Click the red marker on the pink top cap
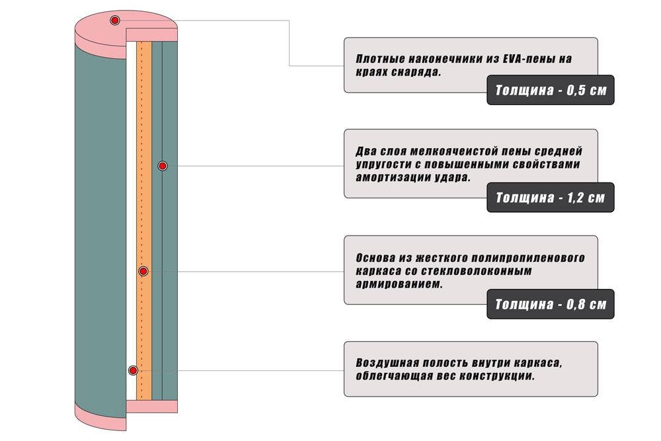(x=114, y=20)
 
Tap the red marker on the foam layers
(x=163, y=166)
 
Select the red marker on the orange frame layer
(x=143, y=271)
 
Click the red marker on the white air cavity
(x=133, y=371)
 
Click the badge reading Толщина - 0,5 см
(x=551, y=90)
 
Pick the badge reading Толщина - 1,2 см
(x=551, y=197)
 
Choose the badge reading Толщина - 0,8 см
(x=551, y=304)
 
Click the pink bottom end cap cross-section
(x=152, y=407)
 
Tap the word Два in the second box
(x=364, y=151)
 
